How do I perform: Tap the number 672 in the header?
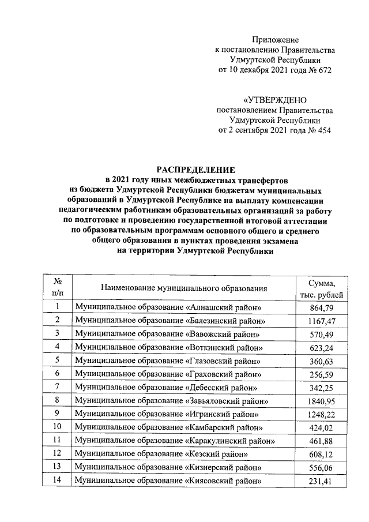pyautogui.click(x=325, y=70)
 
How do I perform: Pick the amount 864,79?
pyautogui.click(x=322, y=307)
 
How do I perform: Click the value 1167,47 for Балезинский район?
pyautogui.click(x=322, y=320)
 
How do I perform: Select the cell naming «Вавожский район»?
pyautogui.click(x=168, y=334)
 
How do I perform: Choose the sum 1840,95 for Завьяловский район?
pyautogui.click(x=322, y=400)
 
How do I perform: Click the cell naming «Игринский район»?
pyautogui.click(x=168, y=414)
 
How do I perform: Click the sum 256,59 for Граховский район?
pyautogui.click(x=322, y=374)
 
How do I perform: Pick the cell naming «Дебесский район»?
pyautogui.click(x=167, y=387)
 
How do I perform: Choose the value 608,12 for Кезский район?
pyautogui.click(x=322, y=454)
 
